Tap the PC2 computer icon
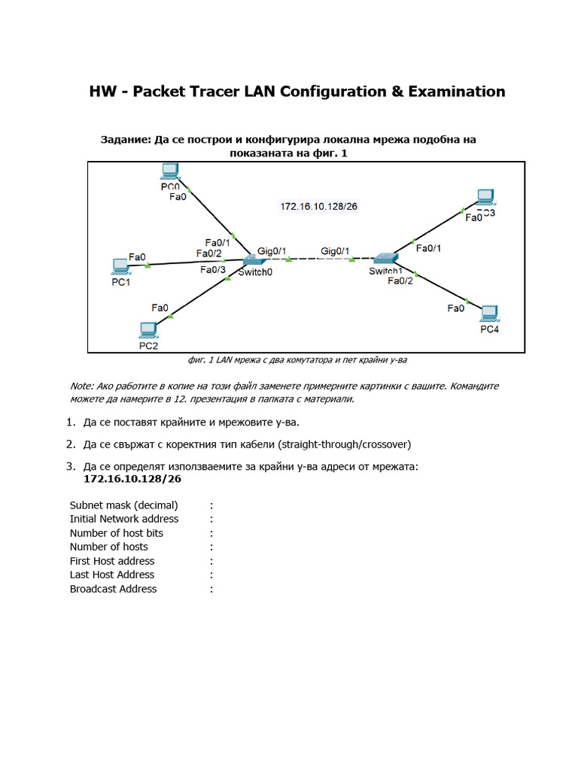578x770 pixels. [x=148, y=330]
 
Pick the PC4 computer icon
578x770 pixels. [x=489, y=313]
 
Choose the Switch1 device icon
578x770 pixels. [x=385, y=259]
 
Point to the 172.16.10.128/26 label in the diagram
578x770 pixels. [x=318, y=206]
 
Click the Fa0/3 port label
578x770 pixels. [x=213, y=270]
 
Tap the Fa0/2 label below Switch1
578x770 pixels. [x=400, y=281]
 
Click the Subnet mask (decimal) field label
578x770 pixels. [x=123, y=505]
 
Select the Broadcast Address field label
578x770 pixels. [x=113, y=589]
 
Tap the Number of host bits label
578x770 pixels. [x=116, y=532]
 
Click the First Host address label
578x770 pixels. [x=111, y=561]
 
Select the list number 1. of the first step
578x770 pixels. [x=71, y=422]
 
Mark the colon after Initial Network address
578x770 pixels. [x=211, y=519]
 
